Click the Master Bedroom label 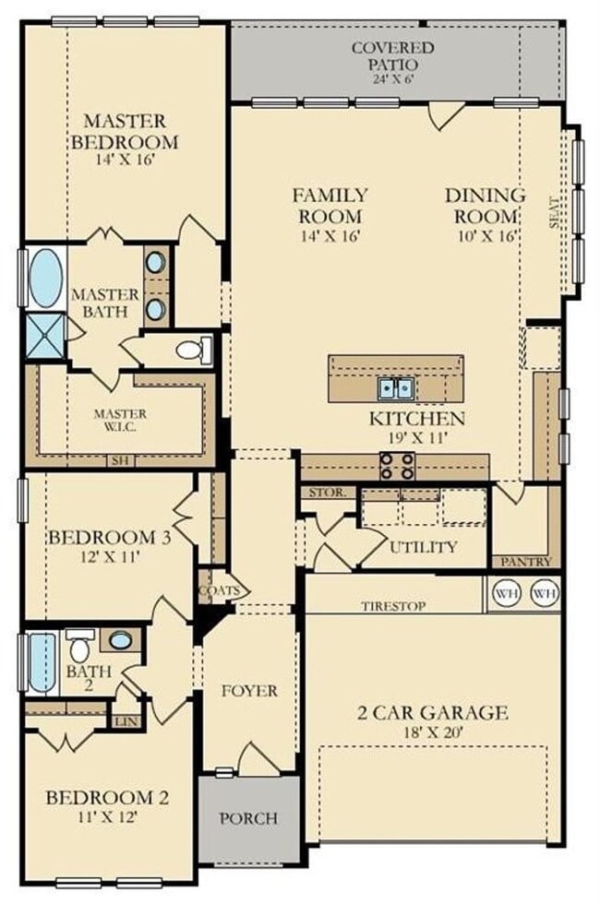coord(125,132)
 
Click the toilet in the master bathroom coord(192,350)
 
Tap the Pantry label coord(526,561)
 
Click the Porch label coord(247,817)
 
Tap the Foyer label coord(250,690)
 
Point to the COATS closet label coord(219,589)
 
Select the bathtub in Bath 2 coord(42,662)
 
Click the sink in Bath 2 coord(120,640)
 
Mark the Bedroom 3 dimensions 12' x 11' coord(109,557)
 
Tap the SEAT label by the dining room coord(555,216)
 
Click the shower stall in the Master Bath coord(43,336)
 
